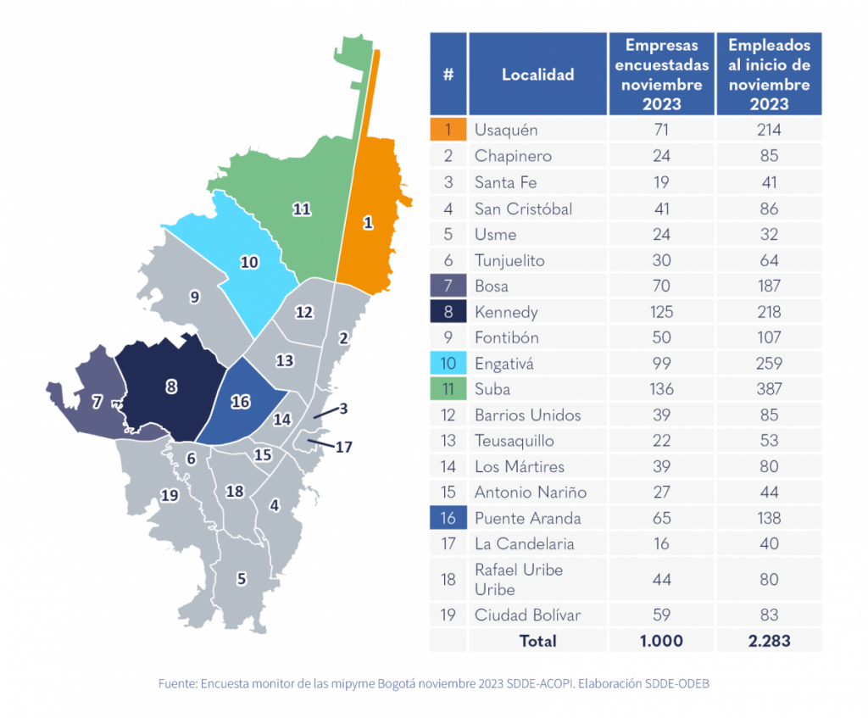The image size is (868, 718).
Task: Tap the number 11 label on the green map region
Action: coord(301,209)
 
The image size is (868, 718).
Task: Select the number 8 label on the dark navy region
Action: coord(171,387)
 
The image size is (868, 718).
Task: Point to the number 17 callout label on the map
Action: coord(343,447)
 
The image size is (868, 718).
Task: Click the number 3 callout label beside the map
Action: coord(343,409)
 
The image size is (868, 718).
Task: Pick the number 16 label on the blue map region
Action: coord(241,402)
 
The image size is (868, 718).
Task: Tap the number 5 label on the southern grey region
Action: coord(242,579)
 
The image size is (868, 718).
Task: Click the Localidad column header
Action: coord(537,75)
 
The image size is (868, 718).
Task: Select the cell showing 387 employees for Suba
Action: coord(769,389)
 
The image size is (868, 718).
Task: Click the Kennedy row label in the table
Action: coord(506,312)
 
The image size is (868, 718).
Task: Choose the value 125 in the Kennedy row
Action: coord(661,312)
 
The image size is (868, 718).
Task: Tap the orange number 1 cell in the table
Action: coord(448,130)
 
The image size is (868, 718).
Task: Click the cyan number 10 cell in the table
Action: coord(448,364)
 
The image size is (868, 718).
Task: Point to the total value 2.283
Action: coord(769,641)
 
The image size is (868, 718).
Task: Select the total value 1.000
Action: coord(661,641)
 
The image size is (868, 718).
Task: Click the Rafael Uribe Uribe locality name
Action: coord(518,579)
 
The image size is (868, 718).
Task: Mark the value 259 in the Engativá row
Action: coord(769,364)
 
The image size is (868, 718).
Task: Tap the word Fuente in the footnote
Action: coord(177,683)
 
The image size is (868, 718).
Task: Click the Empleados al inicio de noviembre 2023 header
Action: coord(769,75)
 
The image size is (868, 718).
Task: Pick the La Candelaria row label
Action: coord(524,543)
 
